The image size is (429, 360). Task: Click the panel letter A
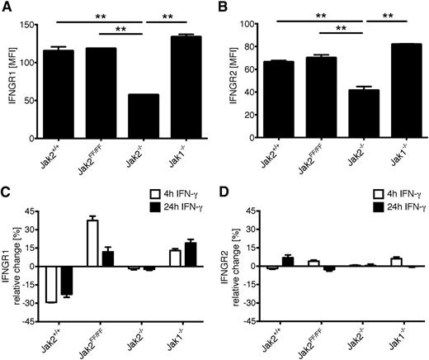point(6,7)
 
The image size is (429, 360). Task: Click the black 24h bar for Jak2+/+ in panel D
point(288,262)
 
